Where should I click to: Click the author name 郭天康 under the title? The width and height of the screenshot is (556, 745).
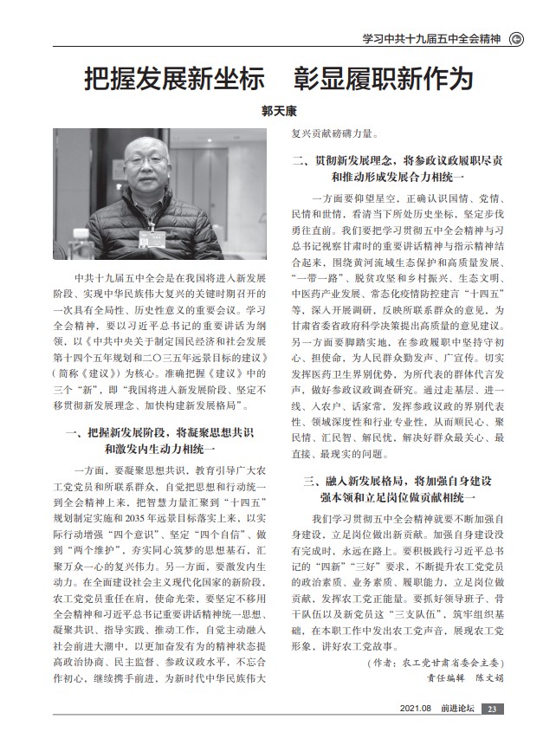click(277, 112)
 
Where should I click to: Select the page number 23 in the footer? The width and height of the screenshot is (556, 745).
click(491, 709)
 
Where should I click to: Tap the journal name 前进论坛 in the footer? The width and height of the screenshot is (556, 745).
click(456, 709)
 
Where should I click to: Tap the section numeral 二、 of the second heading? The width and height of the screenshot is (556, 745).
click(301, 160)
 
